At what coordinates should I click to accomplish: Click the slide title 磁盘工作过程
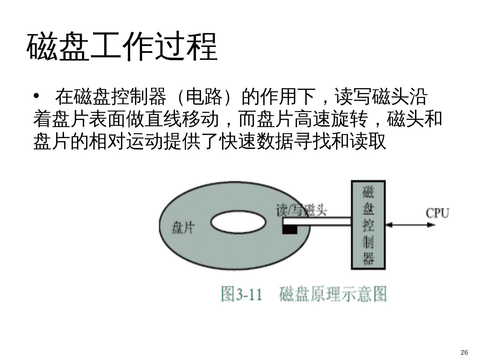(x=122, y=46)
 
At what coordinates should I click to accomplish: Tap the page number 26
(x=464, y=353)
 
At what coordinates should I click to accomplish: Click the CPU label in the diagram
(x=437, y=213)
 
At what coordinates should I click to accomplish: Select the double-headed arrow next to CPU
(x=410, y=225)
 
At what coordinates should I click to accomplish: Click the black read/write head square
(x=290, y=229)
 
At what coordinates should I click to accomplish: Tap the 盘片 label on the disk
(x=182, y=228)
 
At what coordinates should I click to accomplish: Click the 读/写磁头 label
(x=301, y=210)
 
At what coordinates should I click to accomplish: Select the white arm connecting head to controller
(x=317, y=221)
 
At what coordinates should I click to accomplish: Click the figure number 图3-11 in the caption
(x=242, y=294)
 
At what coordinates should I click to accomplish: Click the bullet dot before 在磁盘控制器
(x=37, y=96)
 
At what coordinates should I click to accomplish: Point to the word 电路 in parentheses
(x=204, y=97)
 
